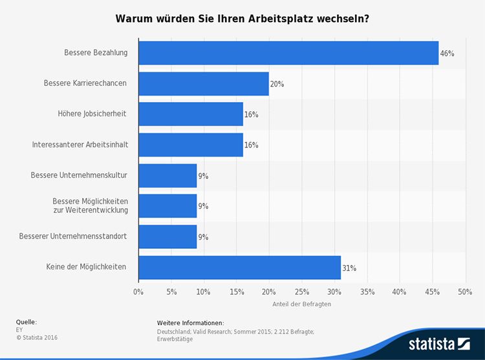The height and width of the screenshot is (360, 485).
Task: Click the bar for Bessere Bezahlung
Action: coord(288,53)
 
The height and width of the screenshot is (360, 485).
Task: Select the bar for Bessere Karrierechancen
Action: coord(204,83)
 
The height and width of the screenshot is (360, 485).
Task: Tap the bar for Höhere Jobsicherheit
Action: coord(191,114)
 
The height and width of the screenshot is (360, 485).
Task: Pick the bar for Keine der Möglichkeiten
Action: coord(239,268)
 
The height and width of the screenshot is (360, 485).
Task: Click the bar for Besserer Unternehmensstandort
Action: coord(167,237)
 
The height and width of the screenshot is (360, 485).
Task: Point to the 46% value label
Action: coord(447,54)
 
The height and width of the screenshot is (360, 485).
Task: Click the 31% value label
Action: coord(349,268)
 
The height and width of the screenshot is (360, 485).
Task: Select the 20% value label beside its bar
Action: coord(277,84)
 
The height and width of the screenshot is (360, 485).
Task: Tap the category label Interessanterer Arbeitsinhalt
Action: coord(80,145)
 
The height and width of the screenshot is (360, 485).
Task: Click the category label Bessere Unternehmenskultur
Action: coord(79,175)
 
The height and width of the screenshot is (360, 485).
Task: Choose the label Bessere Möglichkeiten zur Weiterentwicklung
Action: coord(90,206)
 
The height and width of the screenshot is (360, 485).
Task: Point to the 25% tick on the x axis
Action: coord(301,292)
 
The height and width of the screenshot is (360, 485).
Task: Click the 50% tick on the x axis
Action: coord(464,292)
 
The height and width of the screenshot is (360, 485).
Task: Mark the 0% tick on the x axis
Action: coord(138,292)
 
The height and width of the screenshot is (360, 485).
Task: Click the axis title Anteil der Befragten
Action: coord(302,304)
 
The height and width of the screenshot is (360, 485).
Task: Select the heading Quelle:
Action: coord(27,322)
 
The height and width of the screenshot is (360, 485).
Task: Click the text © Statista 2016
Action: coord(38,337)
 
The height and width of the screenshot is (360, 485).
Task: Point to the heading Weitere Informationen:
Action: coord(190,323)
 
